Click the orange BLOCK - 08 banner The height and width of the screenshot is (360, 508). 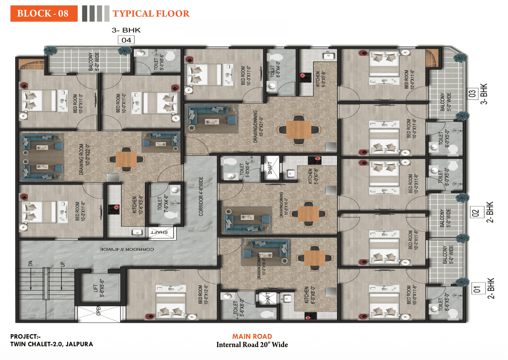[x=44, y=13]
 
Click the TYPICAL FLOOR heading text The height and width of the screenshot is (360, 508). [x=151, y=14]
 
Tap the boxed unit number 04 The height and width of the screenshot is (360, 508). [x=126, y=40]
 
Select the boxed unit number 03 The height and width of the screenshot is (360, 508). [x=472, y=93]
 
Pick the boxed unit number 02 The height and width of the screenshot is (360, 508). [x=475, y=213]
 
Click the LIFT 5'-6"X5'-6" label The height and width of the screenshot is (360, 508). [x=98, y=288]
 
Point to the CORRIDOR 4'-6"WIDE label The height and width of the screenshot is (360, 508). [x=201, y=196]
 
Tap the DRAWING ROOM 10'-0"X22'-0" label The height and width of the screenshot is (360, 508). [x=84, y=159]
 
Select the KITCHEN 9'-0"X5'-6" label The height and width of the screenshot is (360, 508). [x=320, y=79]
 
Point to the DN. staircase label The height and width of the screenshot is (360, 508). [x=30, y=263]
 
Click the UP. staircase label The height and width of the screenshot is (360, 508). [x=63, y=263]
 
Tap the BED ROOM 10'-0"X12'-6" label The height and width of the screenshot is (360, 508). [x=203, y=295]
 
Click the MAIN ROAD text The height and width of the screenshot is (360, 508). [x=252, y=336]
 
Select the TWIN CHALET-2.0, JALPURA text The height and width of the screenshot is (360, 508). [x=51, y=344]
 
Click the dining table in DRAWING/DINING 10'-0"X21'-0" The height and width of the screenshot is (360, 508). [x=298, y=130]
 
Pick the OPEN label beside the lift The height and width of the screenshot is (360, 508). [x=98, y=311]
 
